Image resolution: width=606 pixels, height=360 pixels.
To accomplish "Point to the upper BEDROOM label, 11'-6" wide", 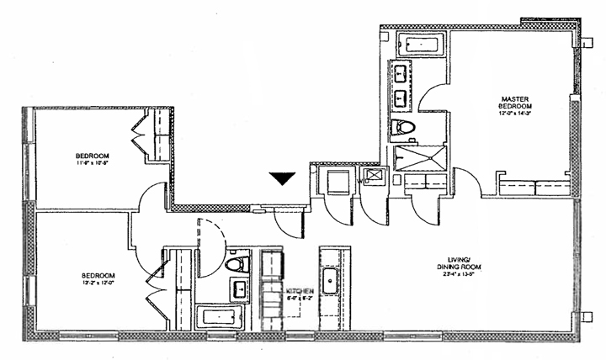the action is point(92,156).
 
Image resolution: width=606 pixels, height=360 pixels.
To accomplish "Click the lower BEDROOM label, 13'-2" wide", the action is point(98,275).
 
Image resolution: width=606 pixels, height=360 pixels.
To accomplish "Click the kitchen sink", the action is point(329,279).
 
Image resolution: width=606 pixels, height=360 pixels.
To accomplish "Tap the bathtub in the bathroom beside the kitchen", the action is point(219,317).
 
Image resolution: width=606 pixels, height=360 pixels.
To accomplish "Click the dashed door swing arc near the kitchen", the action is point(212,244).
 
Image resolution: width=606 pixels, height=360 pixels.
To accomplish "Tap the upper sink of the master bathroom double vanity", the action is point(398,73).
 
